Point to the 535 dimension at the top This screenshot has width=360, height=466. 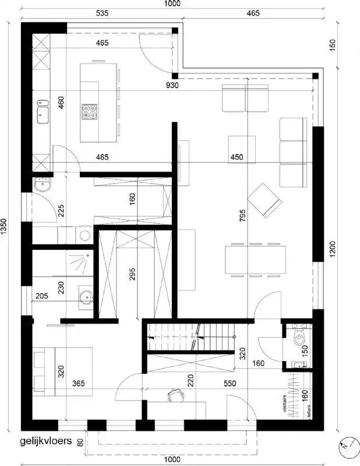pos(103,12)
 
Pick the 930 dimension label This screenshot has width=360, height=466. pos(171,85)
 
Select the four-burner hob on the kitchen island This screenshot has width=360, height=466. pos(89,111)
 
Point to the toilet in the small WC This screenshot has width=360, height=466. pos(298,337)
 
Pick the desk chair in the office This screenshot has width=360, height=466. pos(174,396)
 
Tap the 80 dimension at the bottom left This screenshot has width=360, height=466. pos(80,442)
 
